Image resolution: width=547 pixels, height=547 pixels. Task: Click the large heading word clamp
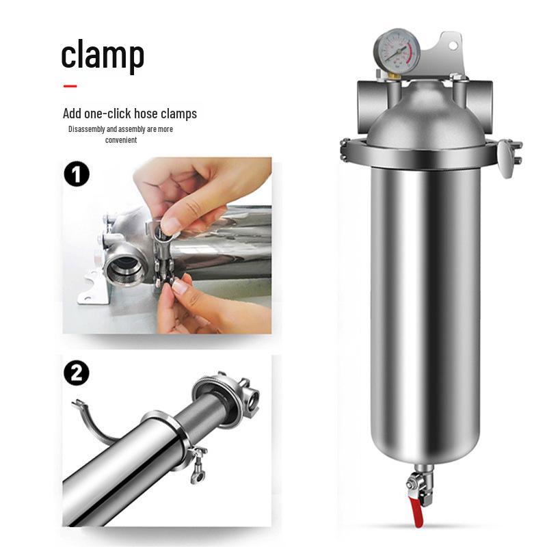point(103,55)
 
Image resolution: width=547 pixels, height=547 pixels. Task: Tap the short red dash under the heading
point(70,86)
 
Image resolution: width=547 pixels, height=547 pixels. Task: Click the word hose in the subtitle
point(146,114)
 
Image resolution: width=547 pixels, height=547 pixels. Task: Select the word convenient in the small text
point(121,140)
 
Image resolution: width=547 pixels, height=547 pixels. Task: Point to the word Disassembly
point(87,129)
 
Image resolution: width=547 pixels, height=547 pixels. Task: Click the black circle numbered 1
point(77,174)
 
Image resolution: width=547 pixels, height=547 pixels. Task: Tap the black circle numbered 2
point(77,373)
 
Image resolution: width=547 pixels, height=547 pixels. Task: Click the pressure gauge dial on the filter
point(397,51)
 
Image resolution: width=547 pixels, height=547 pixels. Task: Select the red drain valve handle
point(417,513)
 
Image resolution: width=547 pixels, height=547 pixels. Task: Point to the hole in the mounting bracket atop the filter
point(453,46)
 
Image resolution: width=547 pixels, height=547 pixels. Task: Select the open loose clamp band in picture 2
point(92,423)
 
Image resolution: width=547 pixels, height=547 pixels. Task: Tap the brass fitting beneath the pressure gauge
point(395,75)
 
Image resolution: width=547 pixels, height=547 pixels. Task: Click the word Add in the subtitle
point(72,114)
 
